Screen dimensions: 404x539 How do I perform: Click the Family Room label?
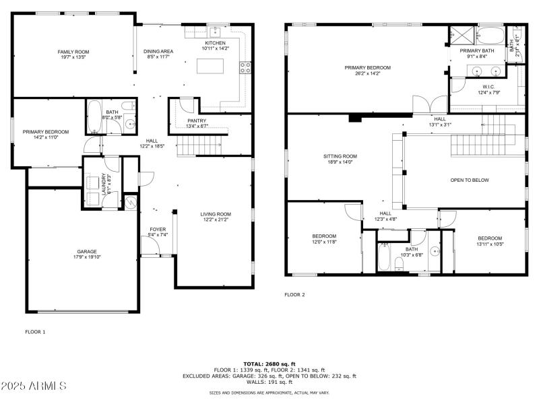(73, 52)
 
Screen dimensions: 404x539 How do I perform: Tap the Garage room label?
(86, 252)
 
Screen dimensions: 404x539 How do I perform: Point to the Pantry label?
(197, 121)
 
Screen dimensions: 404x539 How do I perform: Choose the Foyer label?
(157, 230)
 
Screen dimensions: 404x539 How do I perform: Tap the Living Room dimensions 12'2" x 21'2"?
(215, 220)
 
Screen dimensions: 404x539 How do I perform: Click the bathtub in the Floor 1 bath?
(94, 118)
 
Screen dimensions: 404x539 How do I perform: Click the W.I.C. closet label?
(489, 87)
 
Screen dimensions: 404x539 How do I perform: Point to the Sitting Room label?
(340, 156)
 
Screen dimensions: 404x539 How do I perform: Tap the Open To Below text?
(470, 180)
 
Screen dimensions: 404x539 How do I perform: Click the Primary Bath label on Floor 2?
(477, 51)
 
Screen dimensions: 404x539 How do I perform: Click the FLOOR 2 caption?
(294, 295)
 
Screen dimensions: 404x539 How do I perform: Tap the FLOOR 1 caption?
(35, 331)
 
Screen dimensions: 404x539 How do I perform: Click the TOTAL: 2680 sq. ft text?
(269, 364)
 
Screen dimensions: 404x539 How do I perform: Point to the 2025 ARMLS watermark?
(34, 386)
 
